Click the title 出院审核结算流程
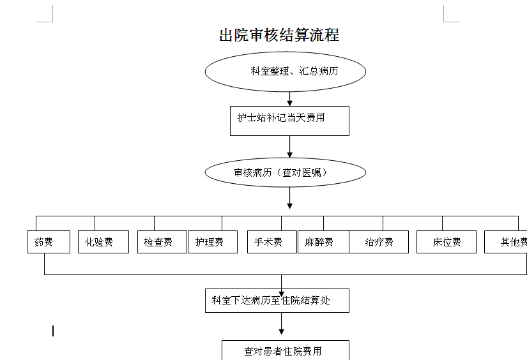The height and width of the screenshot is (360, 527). point(279,35)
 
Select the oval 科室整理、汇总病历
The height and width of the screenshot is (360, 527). point(285,71)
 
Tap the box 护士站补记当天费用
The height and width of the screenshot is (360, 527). point(289,120)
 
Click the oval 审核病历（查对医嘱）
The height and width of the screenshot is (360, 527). point(285,172)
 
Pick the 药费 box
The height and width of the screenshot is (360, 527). point(49,242)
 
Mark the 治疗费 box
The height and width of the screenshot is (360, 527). point(379,242)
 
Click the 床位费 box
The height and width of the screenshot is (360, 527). point(446,242)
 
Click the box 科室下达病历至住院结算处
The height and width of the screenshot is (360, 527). point(277,300)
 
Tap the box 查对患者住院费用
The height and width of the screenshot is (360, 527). point(285,350)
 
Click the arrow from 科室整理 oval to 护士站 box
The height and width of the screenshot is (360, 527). point(289,99)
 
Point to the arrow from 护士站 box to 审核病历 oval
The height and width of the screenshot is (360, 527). point(289,147)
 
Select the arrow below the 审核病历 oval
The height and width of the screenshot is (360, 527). point(289,198)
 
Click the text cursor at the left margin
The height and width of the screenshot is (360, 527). point(53,331)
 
